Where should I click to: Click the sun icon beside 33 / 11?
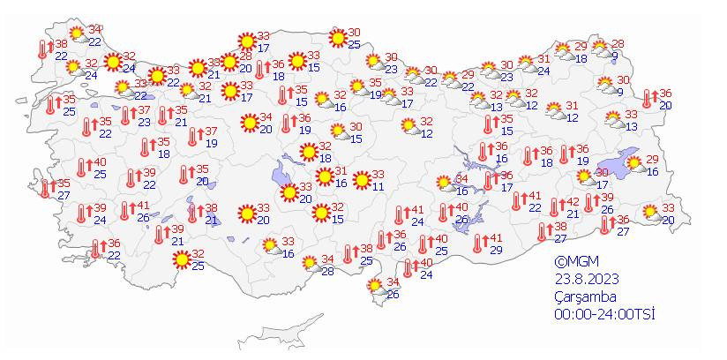[x=361, y=181]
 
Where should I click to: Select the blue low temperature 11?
[x=378, y=186]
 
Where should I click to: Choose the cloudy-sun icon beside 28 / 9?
[x=601, y=49]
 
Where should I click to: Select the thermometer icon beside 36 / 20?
[x=648, y=99]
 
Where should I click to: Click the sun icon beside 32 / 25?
[x=183, y=259]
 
